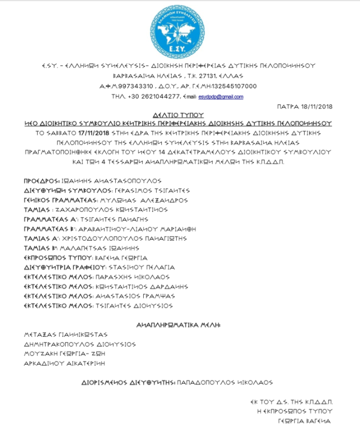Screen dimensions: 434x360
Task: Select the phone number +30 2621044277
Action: tap(154, 97)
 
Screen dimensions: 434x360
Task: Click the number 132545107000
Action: tap(235, 86)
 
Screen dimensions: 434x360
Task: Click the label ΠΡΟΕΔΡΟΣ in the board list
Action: tap(41, 181)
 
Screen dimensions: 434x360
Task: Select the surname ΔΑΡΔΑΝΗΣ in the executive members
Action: tap(169, 286)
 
